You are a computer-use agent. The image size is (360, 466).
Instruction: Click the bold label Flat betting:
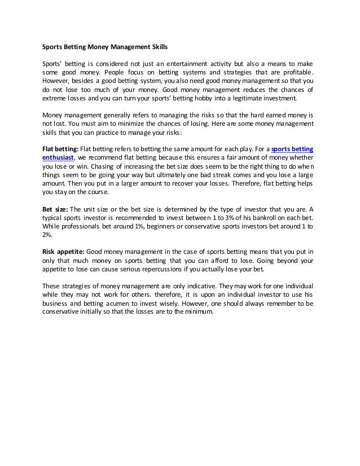tap(61, 149)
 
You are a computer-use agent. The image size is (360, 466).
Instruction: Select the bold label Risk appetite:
tap(64, 250)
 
